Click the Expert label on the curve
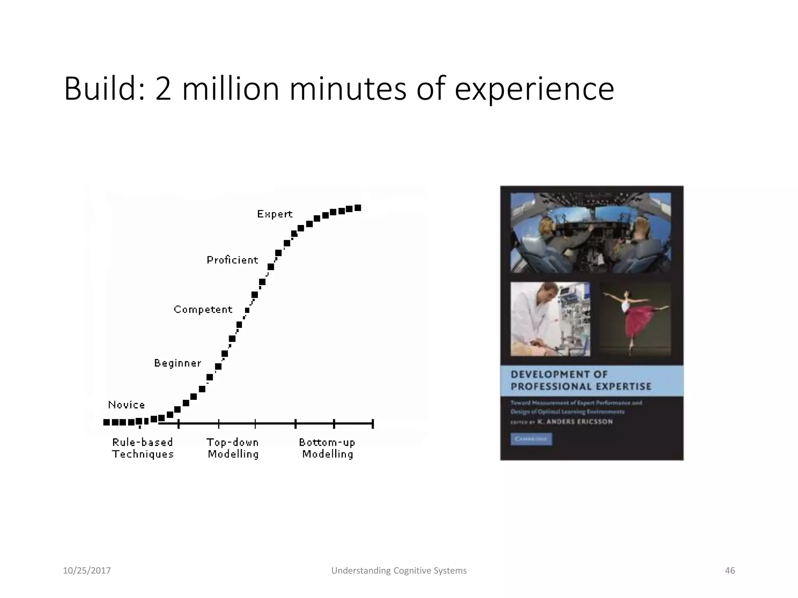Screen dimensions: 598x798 tap(275, 214)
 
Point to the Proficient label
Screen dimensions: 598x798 tap(232, 260)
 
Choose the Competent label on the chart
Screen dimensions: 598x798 tap(203, 310)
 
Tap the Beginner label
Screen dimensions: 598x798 tap(178, 363)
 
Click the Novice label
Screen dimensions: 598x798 tap(126, 405)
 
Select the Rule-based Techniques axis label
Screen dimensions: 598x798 tap(143, 448)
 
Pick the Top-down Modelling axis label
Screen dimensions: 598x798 tap(233, 448)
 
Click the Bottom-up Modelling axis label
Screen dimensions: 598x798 tap(327, 448)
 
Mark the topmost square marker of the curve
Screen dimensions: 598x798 tap(358, 208)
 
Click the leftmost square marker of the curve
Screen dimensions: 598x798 tap(106, 422)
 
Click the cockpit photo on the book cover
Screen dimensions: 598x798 tap(591, 233)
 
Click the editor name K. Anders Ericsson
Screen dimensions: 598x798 tap(575, 422)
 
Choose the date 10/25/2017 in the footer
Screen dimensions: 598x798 tap(87, 571)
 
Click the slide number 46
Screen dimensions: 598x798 tap(729, 571)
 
